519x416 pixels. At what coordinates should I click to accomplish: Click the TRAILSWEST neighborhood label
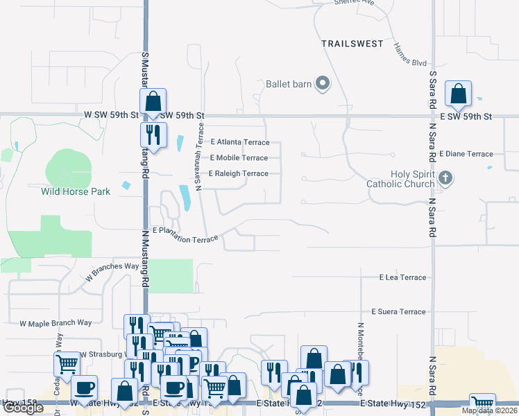(352, 44)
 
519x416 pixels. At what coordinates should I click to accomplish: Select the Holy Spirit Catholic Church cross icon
(445, 179)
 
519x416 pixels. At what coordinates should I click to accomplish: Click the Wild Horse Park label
(76, 191)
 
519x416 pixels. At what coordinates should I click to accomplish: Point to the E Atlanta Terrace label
(239, 142)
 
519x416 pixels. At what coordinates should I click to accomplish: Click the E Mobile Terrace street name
(239, 158)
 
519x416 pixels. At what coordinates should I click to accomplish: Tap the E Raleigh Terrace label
(238, 173)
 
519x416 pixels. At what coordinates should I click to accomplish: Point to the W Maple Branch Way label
(56, 323)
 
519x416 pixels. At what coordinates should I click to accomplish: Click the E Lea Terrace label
(402, 277)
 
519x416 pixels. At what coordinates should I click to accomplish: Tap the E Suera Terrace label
(398, 312)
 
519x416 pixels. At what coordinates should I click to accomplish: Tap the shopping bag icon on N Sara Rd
(458, 94)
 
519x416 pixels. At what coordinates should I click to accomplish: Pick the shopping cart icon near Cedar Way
(67, 363)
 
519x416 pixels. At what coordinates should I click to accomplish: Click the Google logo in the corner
(23, 408)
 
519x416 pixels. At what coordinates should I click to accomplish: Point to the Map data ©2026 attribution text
(488, 410)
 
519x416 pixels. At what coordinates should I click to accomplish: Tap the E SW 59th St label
(468, 116)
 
